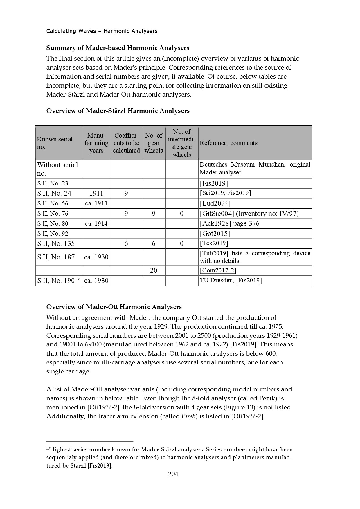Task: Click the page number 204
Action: [x=173, y=474]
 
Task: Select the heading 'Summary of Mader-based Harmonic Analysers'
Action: [x=118, y=48]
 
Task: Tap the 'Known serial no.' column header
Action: [x=55, y=143]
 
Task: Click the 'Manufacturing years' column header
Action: [x=96, y=143]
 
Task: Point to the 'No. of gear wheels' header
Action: [x=154, y=143]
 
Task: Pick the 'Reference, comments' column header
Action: [x=228, y=143]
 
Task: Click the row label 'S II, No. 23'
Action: [x=53, y=183]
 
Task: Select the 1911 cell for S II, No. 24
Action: [x=96, y=193]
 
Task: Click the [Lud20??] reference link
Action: [x=215, y=203]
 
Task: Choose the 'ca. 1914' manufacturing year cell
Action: [x=96, y=224]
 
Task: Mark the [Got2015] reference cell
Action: [x=215, y=234]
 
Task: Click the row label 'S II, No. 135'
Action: [x=56, y=243]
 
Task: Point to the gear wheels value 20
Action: [x=154, y=270]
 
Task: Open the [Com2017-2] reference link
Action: [x=218, y=270]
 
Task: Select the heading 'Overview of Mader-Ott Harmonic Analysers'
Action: [x=114, y=307]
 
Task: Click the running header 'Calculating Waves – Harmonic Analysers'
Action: [x=102, y=31]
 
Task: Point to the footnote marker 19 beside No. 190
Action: [x=77, y=279]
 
